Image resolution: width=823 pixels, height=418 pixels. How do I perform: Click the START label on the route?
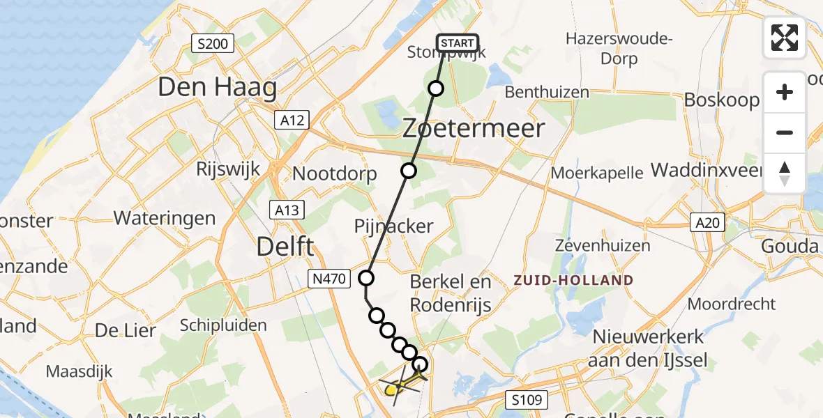click(x=458, y=43)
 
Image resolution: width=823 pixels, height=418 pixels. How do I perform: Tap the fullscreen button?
click(x=785, y=37)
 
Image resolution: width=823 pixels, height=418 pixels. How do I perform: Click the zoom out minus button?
click(x=785, y=132)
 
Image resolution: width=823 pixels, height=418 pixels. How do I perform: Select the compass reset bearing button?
click(x=785, y=173)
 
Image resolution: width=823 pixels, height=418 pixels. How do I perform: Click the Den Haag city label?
click(x=217, y=87)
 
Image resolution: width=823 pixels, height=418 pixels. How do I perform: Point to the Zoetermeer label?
click(x=474, y=128)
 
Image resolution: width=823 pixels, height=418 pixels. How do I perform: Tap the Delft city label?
click(x=285, y=246)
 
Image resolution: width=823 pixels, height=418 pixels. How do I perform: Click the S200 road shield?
click(x=212, y=44)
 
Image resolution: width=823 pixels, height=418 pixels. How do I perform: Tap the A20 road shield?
click(x=707, y=223)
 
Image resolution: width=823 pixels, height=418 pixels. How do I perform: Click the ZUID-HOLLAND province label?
click(x=573, y=280)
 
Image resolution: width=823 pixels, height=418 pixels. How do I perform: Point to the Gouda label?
click(x=790, y=247)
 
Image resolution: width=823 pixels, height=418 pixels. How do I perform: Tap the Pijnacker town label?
click(x=393, y=226)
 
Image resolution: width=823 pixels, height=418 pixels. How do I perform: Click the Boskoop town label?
click(x=721, y=100)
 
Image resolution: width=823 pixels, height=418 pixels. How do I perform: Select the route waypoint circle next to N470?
click(x=366, y=279)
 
